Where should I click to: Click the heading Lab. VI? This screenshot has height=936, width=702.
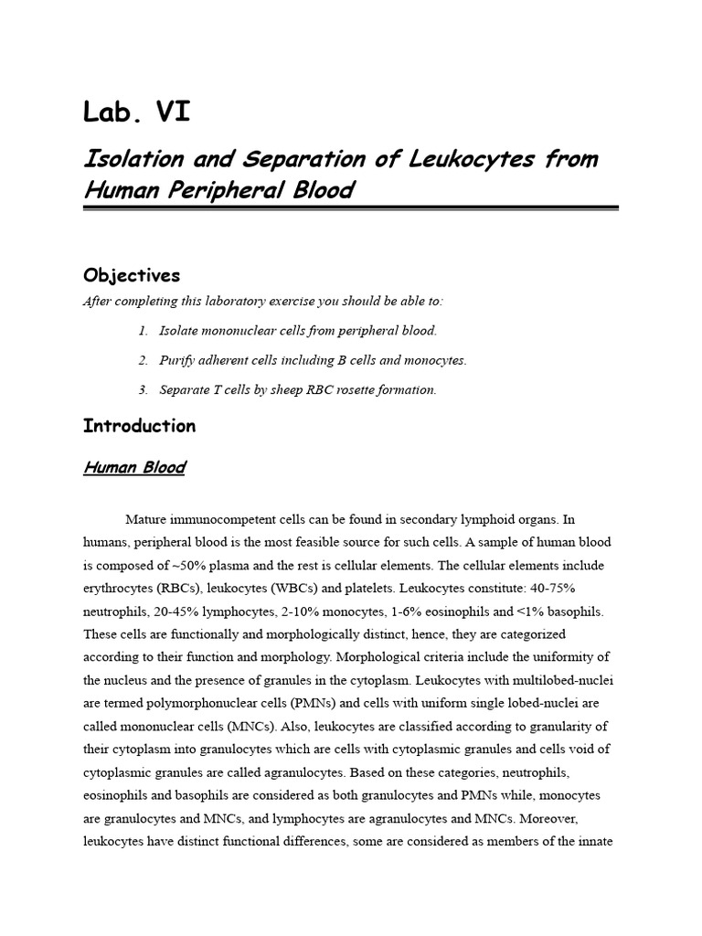(x=137, y=113)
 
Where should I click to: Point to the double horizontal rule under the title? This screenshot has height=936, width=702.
(x=351, y=209)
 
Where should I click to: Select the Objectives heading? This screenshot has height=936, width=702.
(x=132, y=275)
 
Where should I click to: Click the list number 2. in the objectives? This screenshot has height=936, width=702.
(x=144, y=360)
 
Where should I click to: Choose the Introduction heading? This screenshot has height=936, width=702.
(x=139, y=426)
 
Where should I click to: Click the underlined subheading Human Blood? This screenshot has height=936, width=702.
(x=133, y=468)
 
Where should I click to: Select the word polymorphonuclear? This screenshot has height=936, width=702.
(x=196, y=703)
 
